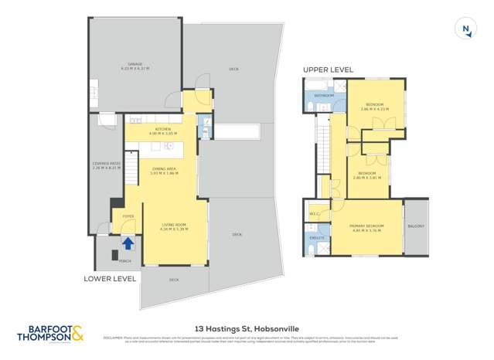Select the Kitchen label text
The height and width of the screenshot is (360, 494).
click(x=162, y=130)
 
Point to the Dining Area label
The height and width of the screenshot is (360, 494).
click(x=163, y=171)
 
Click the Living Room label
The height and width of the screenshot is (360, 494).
click(x=173, y=226)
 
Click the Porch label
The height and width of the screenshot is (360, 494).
click(x=114, y=261)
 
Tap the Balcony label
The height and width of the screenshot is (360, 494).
click(x=417, y=226)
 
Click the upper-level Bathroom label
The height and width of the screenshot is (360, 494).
click(x=324, y=96)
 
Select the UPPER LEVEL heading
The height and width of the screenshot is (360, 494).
click(x=328, y=70)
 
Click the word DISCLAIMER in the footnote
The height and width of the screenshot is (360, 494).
click(x=113, y=337)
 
